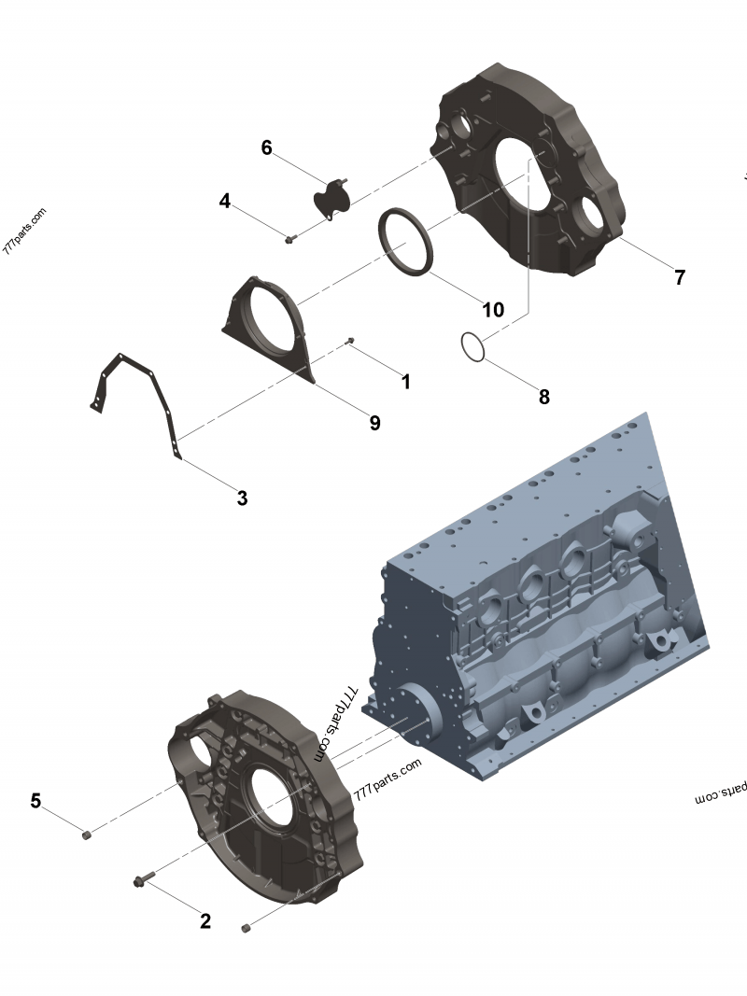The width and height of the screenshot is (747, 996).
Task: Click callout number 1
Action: tap(405, 382)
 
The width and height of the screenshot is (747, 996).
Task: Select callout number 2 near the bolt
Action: tap(205, 921)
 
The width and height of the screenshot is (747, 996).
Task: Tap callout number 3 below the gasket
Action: tap(242, 498)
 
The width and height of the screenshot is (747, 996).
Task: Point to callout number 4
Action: tap(225, 201)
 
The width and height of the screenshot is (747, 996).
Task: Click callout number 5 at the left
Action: tap(35, 800)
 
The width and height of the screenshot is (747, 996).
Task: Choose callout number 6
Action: tap(266, 147)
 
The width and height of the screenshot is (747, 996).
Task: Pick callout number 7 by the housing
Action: tap(680, 277)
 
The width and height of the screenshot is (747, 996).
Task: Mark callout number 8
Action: tap(544, 397)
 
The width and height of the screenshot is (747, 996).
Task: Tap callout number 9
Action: tap(374, 423)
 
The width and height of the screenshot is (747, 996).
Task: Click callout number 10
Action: tap(492, 309)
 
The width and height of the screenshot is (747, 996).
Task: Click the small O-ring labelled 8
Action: tap(473, 346)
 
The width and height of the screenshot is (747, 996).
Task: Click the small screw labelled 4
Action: tap(289, 240)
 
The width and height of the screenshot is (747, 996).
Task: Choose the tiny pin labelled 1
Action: tap(350, 341)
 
